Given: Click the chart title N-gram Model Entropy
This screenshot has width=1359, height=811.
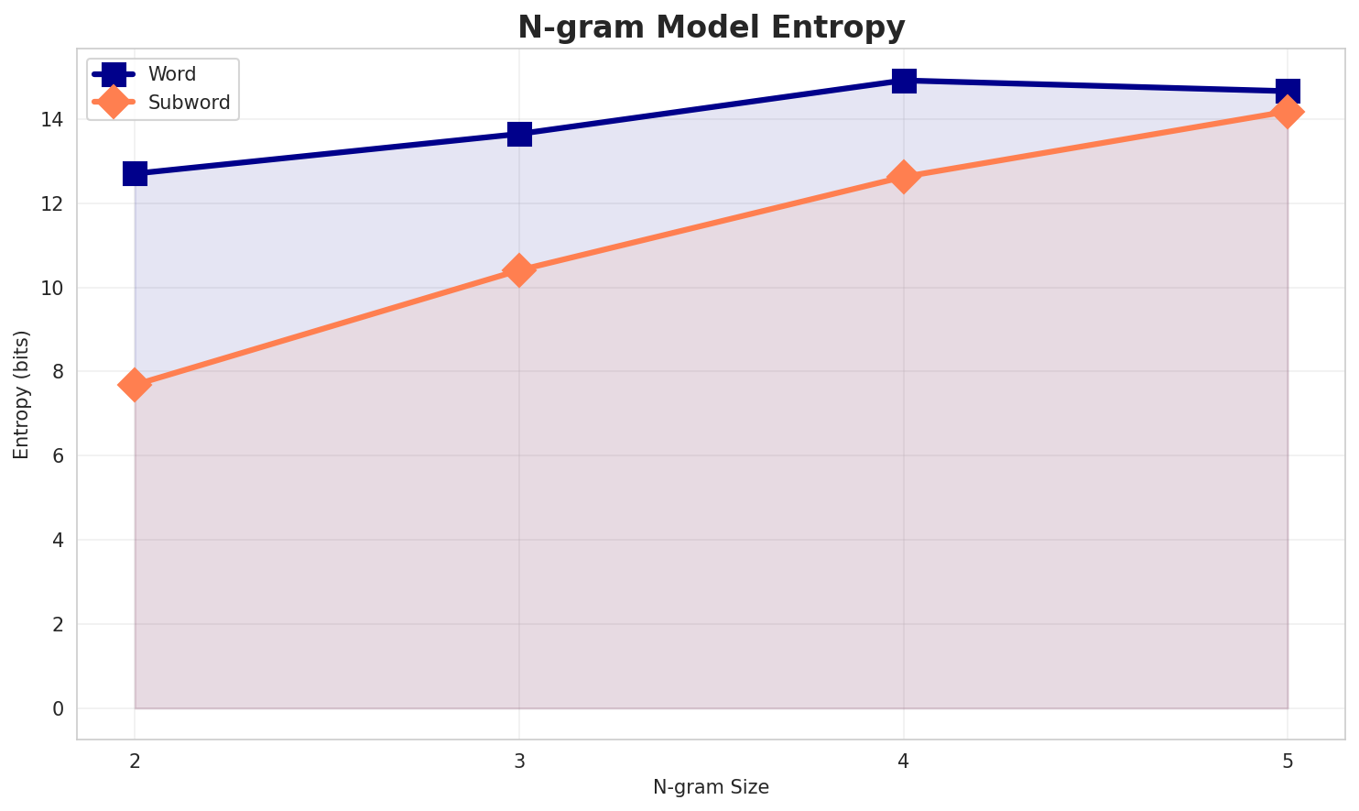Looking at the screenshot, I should [x=711, y=27].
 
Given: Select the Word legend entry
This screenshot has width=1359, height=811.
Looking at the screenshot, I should [x=172, y=74].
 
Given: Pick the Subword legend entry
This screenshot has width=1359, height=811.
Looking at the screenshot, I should [x=189, y=102].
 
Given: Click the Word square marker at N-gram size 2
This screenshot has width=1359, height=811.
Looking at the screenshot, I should [x=135, y=173].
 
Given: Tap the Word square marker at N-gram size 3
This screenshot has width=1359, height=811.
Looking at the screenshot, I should [x=519, y=134].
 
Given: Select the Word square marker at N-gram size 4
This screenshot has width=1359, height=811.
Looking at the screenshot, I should [x=904, y=81].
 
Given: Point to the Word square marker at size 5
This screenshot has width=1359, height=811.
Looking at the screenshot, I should [x=1288, y=91].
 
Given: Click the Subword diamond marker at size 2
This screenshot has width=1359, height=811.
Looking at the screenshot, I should [x=135, y=385].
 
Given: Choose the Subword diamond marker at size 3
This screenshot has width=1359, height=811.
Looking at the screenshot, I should [x=519, y=270].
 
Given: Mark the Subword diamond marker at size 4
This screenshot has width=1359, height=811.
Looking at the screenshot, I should [x=904, y=177].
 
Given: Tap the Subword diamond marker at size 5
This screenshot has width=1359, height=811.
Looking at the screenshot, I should [x=1288, y=112].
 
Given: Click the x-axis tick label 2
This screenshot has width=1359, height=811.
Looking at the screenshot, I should [x=135, y=761].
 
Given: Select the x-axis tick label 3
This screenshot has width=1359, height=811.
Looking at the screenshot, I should [x=519, y=761].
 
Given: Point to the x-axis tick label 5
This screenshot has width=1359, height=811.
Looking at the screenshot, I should [x=1288, y=761].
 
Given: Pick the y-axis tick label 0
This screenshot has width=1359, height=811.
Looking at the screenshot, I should [x=58, y=708].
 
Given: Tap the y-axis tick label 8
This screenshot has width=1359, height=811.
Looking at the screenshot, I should [x=58, y=372].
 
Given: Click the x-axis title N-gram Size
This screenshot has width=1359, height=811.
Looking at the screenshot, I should [x=711, y=787].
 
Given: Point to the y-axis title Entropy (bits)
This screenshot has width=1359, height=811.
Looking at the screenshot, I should [x=21, y=394].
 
